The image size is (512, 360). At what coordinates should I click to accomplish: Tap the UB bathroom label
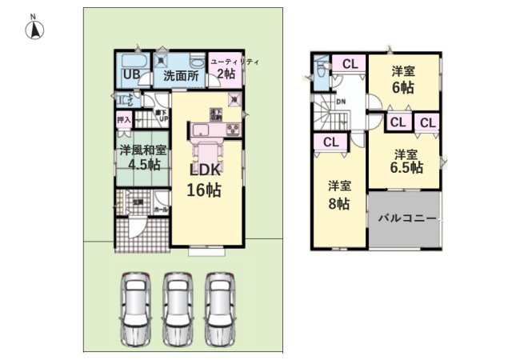coord(131,76)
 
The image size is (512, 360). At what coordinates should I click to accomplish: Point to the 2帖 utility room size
coord(225,74)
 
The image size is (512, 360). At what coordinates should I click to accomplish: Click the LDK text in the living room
coord(204,170)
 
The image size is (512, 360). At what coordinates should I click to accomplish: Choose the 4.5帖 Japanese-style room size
coord(141,165)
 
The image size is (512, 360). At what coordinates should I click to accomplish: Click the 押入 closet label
coord(123,120)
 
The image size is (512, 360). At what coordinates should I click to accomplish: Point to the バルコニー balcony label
coord(406,218)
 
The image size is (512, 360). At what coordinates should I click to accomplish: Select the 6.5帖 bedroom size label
coord(406,167)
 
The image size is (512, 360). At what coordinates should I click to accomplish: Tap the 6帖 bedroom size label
coord(402,88)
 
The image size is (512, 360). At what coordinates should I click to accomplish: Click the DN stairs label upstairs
coord(341,102)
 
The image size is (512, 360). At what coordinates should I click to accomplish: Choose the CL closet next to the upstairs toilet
coord(350,63)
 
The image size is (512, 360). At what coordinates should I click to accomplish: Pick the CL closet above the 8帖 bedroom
coord(330,142)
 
